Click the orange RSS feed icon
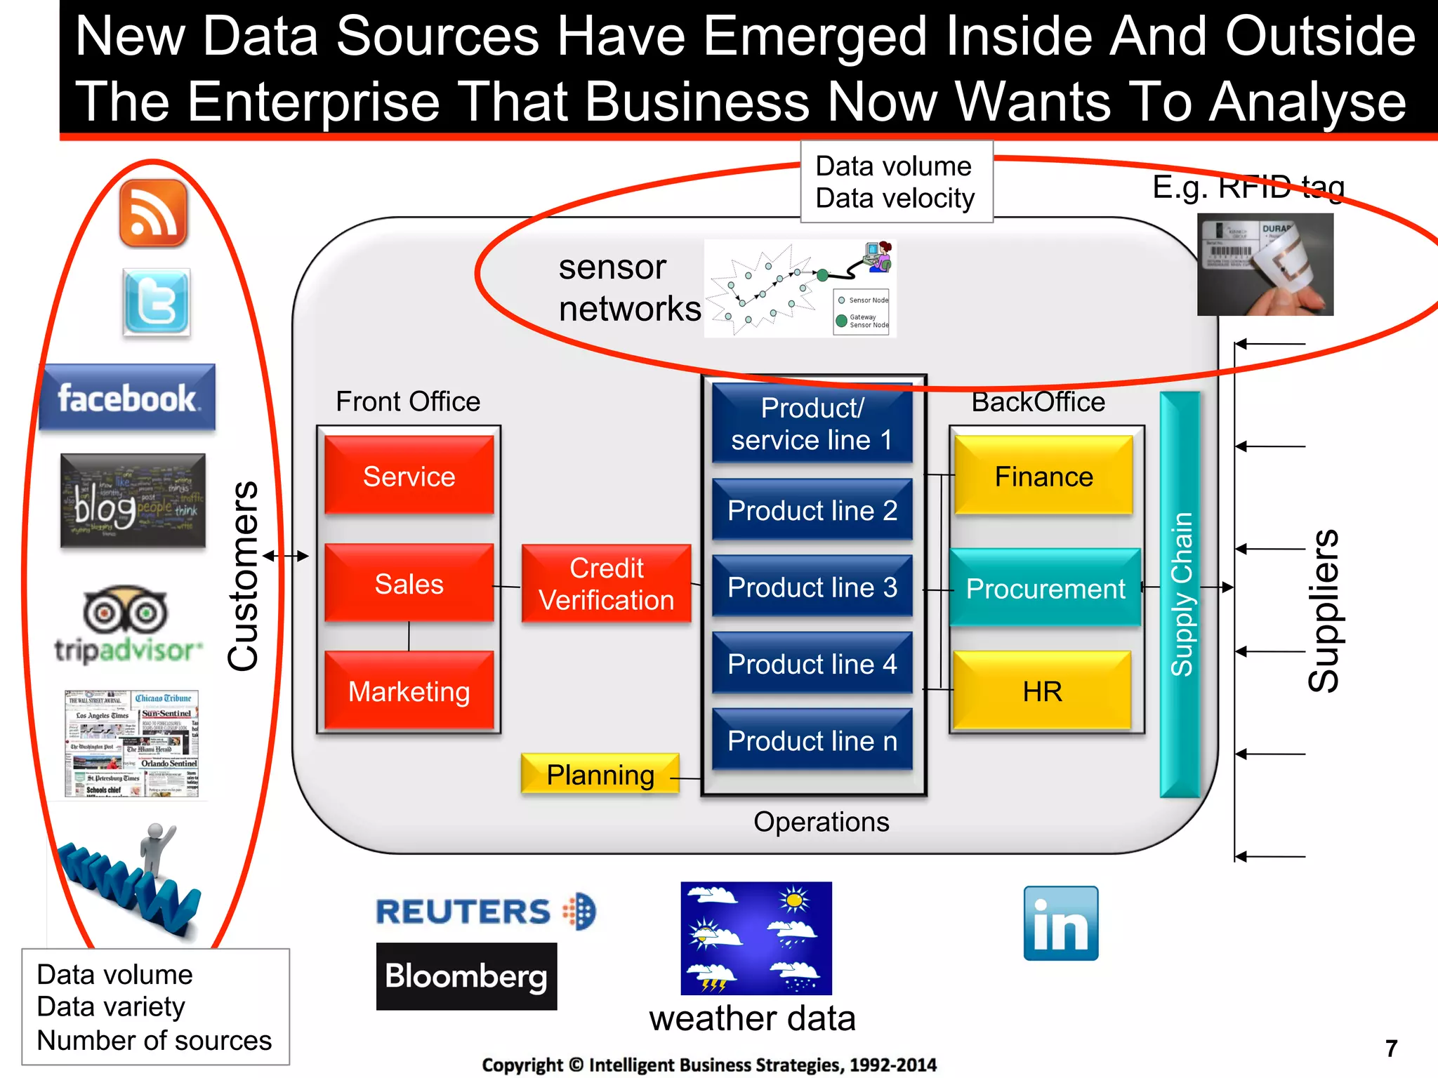(153, 213)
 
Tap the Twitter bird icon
(156, 302)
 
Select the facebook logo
(127, 397)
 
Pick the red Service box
(409, 476)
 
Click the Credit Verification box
(606, 584)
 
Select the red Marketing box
(409, 691)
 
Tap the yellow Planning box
(600, 774)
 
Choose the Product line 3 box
(812, 587)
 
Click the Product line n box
(812, 740)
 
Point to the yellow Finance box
(1043, 476)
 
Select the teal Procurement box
(1045, 588)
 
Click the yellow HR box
(1042, 691)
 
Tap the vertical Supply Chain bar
(1180, 594)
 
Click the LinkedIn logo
(1060, 923)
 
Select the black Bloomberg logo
(466, 976)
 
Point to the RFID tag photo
(1265, 265)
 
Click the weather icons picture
(756, 938)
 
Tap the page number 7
(1391, 1048)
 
